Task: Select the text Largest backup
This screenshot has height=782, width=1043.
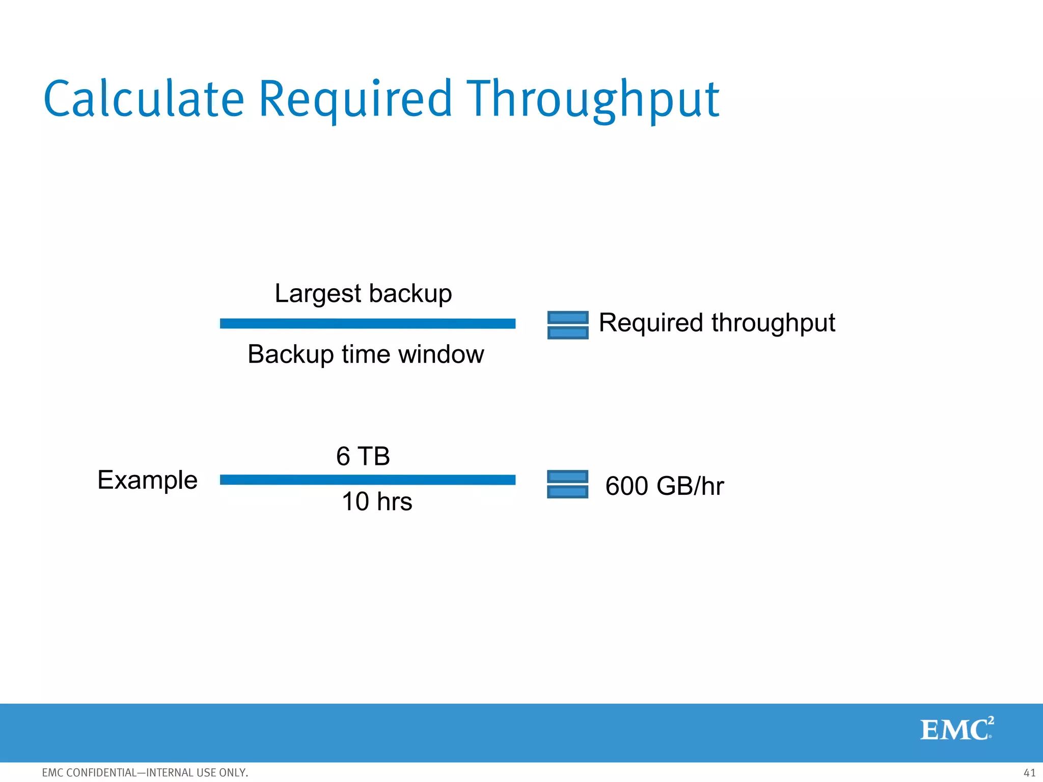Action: pos(363,293)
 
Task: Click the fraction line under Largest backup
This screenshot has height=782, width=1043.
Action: pos(367,323)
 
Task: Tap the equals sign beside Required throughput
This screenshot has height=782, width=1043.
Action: pos(567,325)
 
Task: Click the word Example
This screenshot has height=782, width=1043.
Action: pos(147,480)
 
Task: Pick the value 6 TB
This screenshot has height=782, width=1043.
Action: pos(363,456)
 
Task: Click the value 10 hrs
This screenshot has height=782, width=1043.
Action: pos(377,501)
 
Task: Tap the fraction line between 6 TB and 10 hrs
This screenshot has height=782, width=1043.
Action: pos(367,480)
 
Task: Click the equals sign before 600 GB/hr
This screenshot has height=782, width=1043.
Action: pos(567,484)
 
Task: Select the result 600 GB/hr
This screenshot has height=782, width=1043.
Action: pos(664,486)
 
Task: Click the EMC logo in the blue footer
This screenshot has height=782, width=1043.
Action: pos(955,730)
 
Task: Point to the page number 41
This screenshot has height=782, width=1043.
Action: pos(1029,772)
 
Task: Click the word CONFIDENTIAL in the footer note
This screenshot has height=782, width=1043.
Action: pos(101,772)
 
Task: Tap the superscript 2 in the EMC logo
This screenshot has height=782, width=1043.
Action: pos(991,720)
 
